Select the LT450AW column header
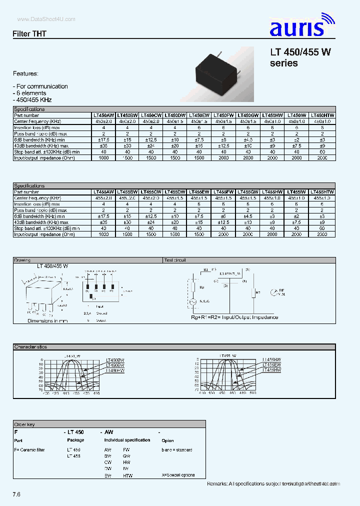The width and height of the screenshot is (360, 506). tap(103, 115)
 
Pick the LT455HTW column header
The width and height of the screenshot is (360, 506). tap(322, 192)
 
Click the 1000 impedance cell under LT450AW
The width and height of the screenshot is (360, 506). tap(103, 157)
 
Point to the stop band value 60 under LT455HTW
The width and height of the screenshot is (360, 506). tap(322, 228)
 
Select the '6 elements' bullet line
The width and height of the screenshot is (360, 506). tap(29, 93)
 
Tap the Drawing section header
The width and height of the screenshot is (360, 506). tap(22, 260)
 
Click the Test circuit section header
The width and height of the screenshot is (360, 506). tap(175, 260)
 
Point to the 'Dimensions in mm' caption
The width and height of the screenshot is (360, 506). tap(47, 320)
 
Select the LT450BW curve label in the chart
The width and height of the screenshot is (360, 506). tap(115, 360)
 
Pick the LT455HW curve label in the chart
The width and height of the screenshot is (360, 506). tap(272, 369)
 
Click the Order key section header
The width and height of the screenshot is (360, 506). tap(24, 424)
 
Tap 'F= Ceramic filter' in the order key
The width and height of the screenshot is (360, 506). tap(29, 450)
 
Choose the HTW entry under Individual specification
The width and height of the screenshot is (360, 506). tap(127, 475)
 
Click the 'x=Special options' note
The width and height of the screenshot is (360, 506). tap(178, 475)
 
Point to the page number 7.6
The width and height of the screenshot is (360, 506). tap(17, 494)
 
